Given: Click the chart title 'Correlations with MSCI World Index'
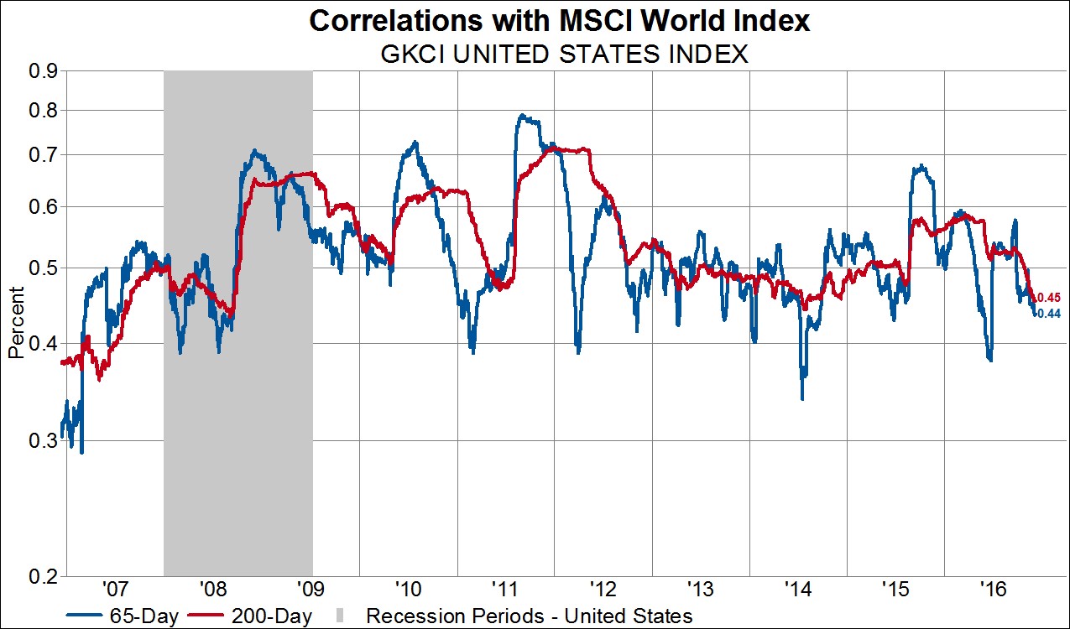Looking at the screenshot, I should click(x=560, y=20).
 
